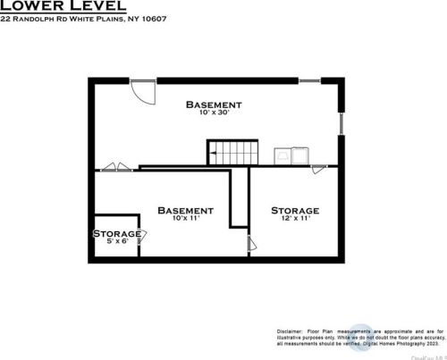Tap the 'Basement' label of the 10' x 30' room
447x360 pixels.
tap(214, 105)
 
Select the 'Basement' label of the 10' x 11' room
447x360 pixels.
tap(185, 211)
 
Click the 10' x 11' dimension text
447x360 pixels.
tap(185, 220)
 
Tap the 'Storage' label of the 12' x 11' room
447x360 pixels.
tap(295, 211)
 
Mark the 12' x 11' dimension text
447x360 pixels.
tap(295, 220)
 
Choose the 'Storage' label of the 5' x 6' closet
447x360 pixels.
tap(117, 233)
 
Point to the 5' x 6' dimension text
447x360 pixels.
tap(117, 242)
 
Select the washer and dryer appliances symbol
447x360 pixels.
tap(295, 155)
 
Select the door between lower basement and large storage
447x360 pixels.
tap(249, 242)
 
